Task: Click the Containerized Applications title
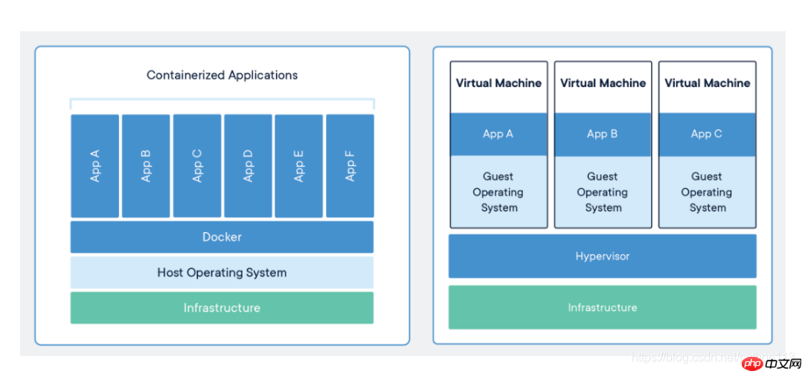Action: pos(222,75)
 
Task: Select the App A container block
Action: pos(94,166)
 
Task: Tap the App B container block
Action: pos(146,166)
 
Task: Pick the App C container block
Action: pos(197,166)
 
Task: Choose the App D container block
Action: pos(248,166)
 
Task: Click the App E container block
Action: pos(299,166)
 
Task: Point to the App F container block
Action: pos(350,166)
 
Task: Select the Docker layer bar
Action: pos(222,237)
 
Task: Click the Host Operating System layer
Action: pos(222,273)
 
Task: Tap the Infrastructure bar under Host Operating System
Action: pos(222,308)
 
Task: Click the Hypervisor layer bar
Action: pos(602,257)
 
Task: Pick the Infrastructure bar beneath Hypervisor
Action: pos(602,308)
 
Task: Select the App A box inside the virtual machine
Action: pos(498,135)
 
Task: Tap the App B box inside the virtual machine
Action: pos(603,135)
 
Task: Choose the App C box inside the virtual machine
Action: pos(707,135)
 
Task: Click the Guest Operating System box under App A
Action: pos(498,192)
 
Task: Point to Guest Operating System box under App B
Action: pos(603,192)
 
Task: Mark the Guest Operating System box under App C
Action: pos(707,192)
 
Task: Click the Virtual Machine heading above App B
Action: pos(603,83)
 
